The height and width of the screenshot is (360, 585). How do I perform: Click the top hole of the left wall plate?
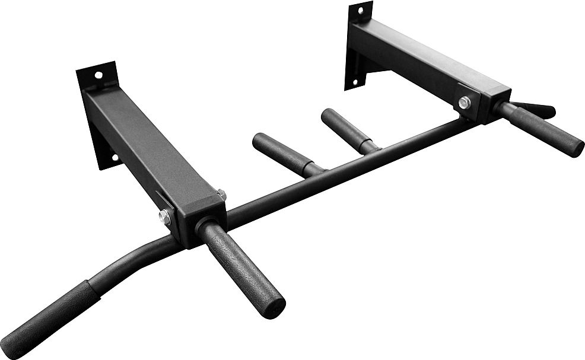click(98, 75)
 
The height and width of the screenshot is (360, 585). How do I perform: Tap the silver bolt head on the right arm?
click(464, 103)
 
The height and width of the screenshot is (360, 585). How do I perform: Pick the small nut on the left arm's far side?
click(221, 193)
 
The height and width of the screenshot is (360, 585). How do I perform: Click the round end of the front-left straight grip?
click(274, 307)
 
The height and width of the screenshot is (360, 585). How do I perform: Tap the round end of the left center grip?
click(259, 142)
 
